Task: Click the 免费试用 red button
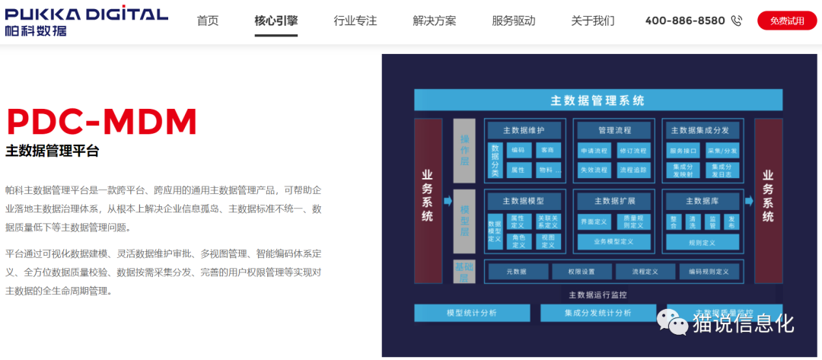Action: pos(786,21)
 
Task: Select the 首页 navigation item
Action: pos(208,21)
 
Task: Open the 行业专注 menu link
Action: pos(355,21)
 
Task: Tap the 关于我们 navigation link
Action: pos(593,21)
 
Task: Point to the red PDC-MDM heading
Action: pos(101,121)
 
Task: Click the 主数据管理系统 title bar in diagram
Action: pos(597,100)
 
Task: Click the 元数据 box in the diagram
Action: pos(517,271)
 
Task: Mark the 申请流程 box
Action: pos(594,150)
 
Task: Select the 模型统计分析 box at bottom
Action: pos(471,313)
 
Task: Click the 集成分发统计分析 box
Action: pos(597,313)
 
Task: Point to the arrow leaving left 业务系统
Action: pos(448,201)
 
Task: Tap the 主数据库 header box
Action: pos(702,201)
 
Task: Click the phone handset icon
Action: pos(736,21)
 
